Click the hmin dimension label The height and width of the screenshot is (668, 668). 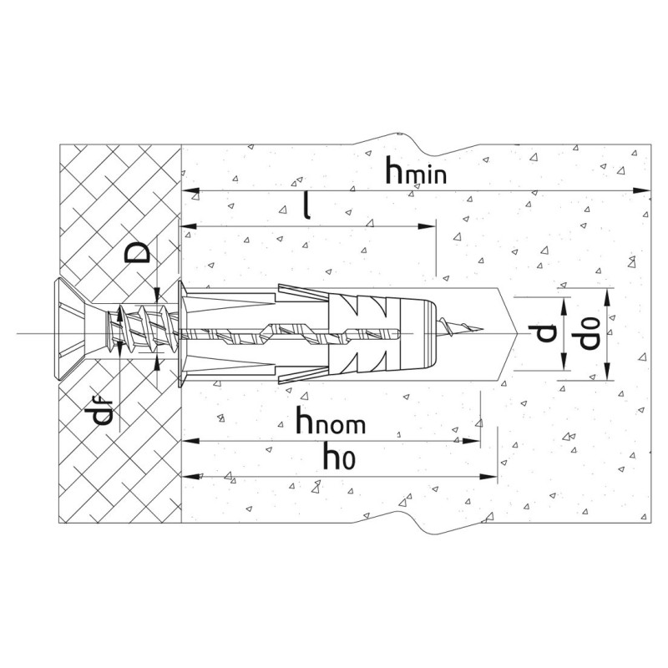click(416, 170)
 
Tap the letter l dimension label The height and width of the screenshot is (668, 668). click(306, 205)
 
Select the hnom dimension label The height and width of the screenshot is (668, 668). click(331, 420)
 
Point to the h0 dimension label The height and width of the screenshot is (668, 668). click(339, 455)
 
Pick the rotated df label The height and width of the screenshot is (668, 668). click(102, 411)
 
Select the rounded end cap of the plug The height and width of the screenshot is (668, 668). click(419, 333)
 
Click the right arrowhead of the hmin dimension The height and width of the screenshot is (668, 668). click(642, 190)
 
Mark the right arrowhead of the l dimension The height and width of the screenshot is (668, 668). click(427, 226)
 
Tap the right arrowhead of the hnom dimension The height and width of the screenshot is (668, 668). click(471, 441)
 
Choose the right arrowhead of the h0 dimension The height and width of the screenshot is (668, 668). click(488, 476)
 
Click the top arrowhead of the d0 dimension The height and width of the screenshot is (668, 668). click(608, 296)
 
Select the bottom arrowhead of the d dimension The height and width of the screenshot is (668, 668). click(564, 362)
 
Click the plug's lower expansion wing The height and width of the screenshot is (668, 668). click(302, 375)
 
